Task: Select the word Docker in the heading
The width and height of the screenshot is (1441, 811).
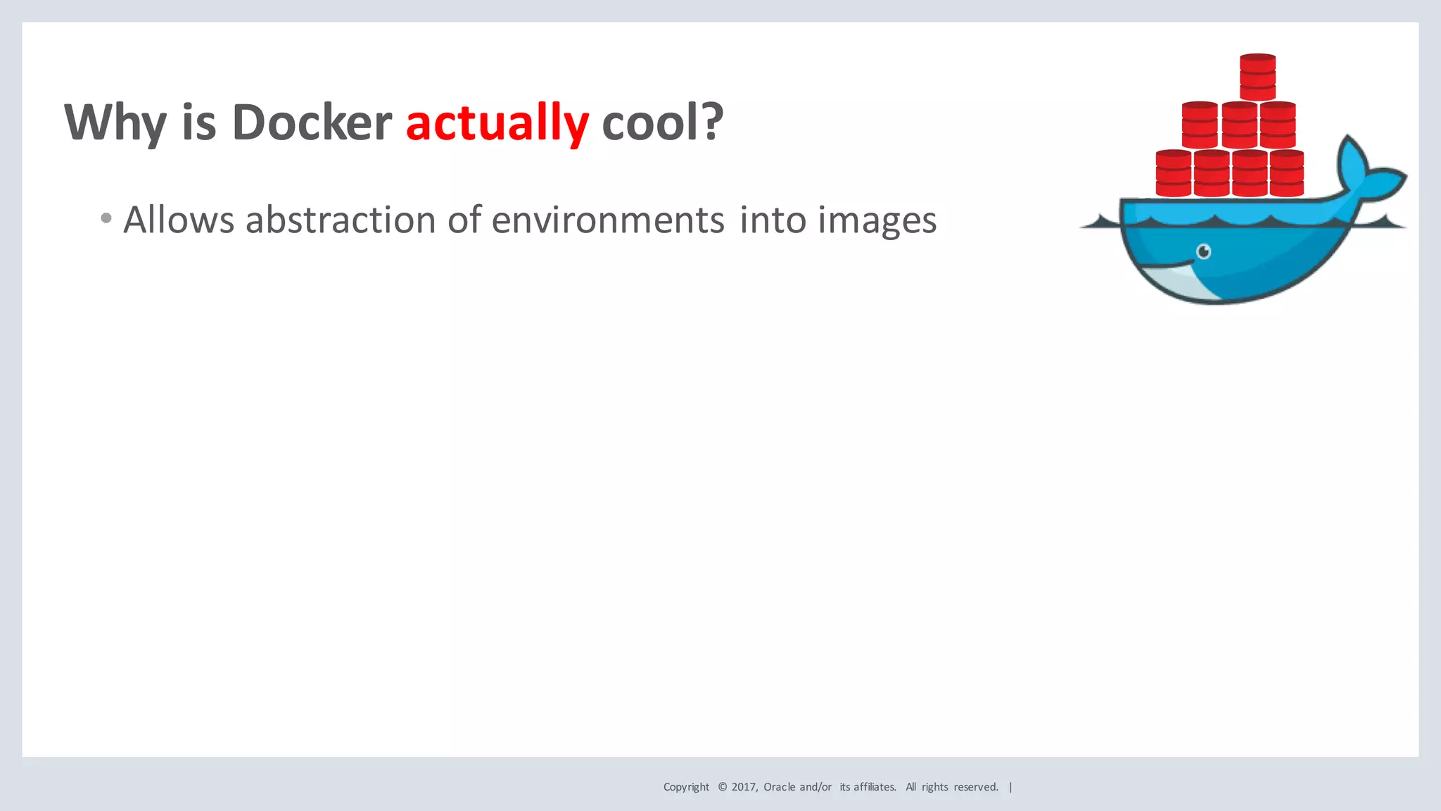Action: click(312, 122)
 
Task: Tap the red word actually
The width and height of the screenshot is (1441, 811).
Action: click(497, 122)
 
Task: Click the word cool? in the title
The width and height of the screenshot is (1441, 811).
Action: click(662, 122)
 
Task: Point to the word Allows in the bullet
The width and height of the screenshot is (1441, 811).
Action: click(179, 220)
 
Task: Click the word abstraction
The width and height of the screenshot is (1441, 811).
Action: click(341, 220)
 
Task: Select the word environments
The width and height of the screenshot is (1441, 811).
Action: click(608, 220)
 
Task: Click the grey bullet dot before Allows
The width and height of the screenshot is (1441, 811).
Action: click(106, 218)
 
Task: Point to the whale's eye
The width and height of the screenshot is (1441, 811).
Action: click(1204, 251)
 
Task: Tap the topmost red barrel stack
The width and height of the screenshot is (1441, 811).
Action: click(1257, 77)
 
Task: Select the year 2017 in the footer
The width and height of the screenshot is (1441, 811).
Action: click(744, 787)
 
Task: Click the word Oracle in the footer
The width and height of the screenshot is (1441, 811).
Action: click(780, 787)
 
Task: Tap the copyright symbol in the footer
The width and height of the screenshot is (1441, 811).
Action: click(723, 787)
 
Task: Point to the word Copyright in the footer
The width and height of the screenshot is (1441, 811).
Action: click(686, 787)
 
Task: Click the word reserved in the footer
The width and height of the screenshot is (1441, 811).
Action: click(975, 787)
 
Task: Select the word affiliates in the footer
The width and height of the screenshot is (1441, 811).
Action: click(875, 787)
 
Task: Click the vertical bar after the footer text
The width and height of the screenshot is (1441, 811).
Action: click(1010, 787)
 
